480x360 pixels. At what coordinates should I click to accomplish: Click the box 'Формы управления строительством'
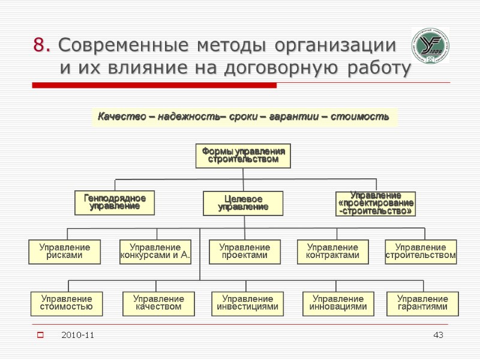(243, 155)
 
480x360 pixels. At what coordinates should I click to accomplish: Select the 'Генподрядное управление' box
(115, 202)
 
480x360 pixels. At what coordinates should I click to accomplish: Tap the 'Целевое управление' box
(243, 203)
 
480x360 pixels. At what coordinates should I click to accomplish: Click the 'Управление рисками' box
(65, 251)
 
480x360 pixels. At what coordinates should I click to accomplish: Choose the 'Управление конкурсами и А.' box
(156, 251)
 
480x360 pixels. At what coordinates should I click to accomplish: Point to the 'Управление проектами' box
(245, 251)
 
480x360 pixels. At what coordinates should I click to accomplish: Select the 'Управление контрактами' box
(333, 251)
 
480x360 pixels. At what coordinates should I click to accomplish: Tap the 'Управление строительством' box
(421, 251)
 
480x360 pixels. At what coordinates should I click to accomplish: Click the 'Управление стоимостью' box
(67, 303)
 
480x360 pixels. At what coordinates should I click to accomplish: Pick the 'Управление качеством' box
(158, 303)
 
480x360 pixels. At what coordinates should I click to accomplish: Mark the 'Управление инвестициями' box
(248, 303)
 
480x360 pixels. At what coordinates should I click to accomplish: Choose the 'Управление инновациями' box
(338, 303)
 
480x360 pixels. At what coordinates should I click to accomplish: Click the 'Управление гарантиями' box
(422, 303)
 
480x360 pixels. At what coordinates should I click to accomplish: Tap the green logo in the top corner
(430, 46)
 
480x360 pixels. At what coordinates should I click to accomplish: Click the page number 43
(438, 334)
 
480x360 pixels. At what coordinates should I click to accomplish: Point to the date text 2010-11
(77, 334)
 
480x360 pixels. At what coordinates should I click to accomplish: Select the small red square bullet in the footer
(41, 334)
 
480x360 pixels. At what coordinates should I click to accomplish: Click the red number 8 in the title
(40, 45)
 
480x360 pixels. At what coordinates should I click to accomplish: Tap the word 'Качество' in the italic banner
(118, 116)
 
